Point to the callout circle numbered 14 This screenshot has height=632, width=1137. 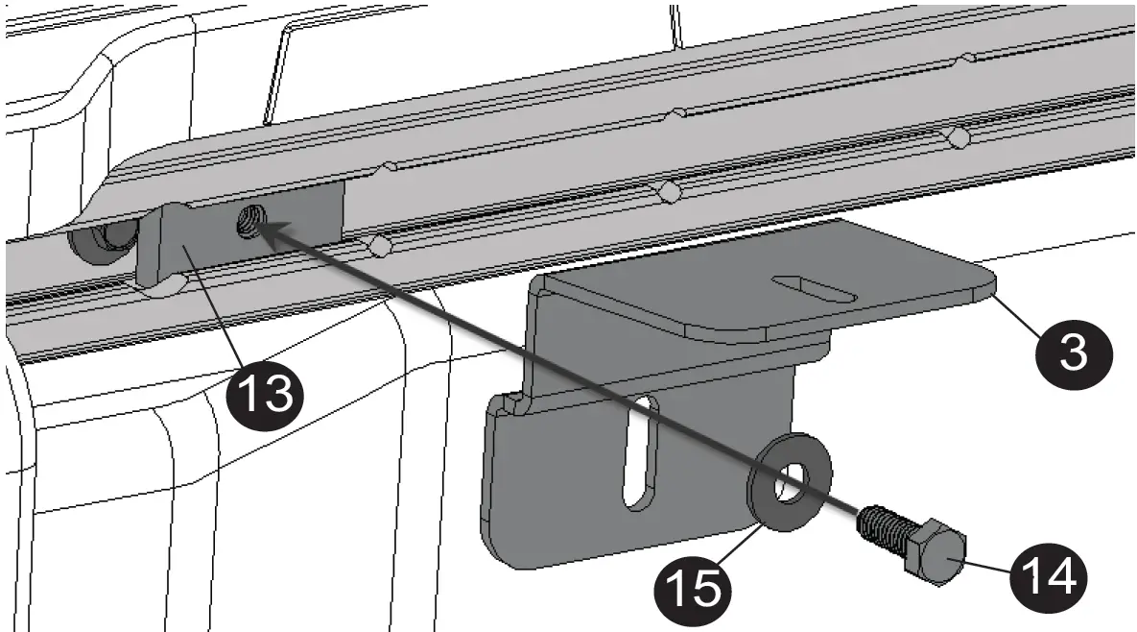click(x=1049, y=574)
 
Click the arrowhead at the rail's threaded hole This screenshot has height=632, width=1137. click(x=270, y=231)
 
